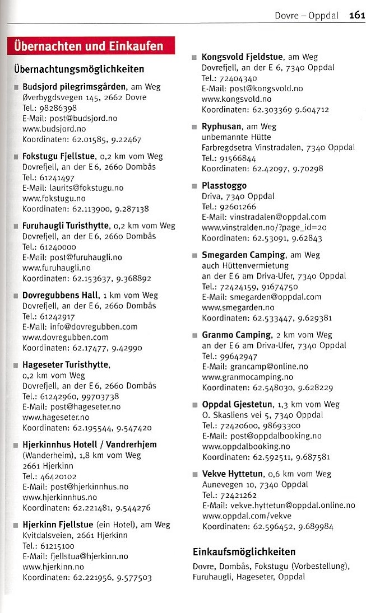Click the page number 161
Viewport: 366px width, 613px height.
pyautogui.click(x=356, y=15)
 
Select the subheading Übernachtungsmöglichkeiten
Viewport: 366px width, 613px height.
pyautogui.click(x=79, y=69)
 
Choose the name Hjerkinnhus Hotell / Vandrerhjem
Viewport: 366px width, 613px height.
pyautogui.click(x=90, y=444)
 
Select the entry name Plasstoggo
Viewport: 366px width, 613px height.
pyautogui.click(x=224, y=185)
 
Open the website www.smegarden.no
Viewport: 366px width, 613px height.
pyautogui.click(x=238, y=307)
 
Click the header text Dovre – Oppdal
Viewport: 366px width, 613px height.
pyautogui.click(x=307, y=16)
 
